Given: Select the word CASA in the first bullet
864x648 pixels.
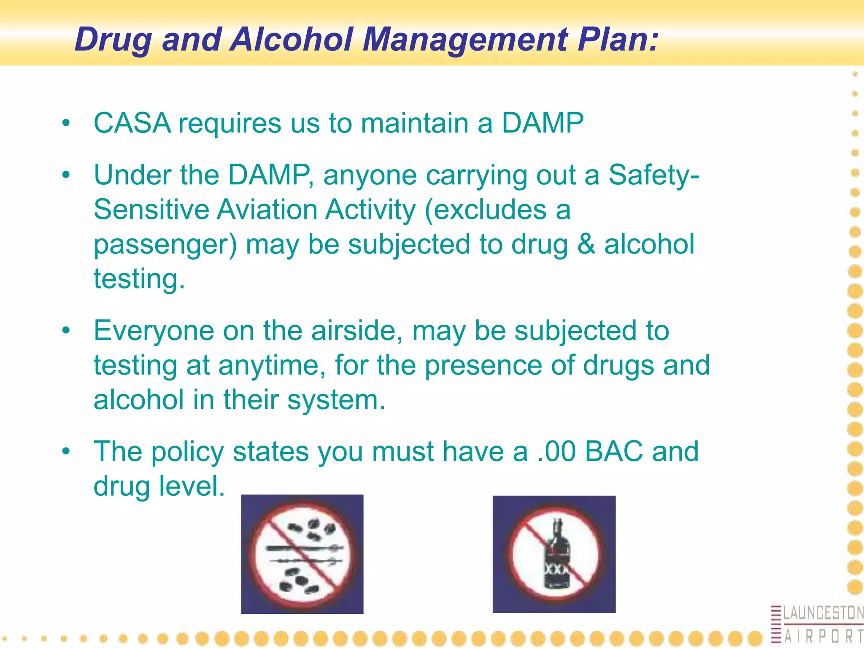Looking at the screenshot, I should coord(132,123).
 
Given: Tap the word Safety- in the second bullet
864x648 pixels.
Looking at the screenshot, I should coord(653,175).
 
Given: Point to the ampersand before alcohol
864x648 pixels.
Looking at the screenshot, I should coord(586,244).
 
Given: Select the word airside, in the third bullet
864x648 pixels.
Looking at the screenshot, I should coord(357,330).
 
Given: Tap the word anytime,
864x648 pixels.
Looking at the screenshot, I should coord(272,365).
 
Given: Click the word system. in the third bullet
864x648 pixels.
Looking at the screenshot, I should coord(336,400).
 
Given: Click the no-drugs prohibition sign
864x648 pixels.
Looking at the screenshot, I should coord(302,554).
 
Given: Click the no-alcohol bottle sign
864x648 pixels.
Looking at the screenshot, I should coord(554,554).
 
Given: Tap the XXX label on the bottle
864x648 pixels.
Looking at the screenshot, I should coord(556,569).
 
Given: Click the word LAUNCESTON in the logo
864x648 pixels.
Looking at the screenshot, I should coord(823,613).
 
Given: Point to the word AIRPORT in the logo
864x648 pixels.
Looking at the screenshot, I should coord(823,636).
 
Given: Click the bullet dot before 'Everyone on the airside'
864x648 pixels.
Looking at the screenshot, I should coord(65,330).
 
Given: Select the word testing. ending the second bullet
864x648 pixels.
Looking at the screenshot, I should coord(139,279).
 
